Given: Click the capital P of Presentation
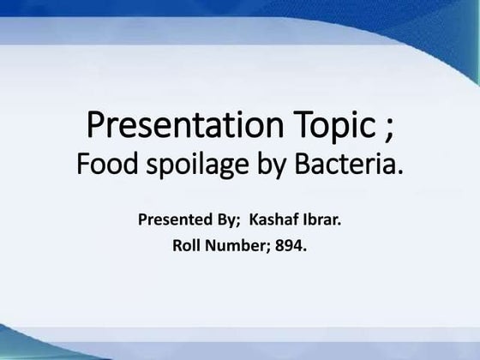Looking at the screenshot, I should (x=96, y=126).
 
